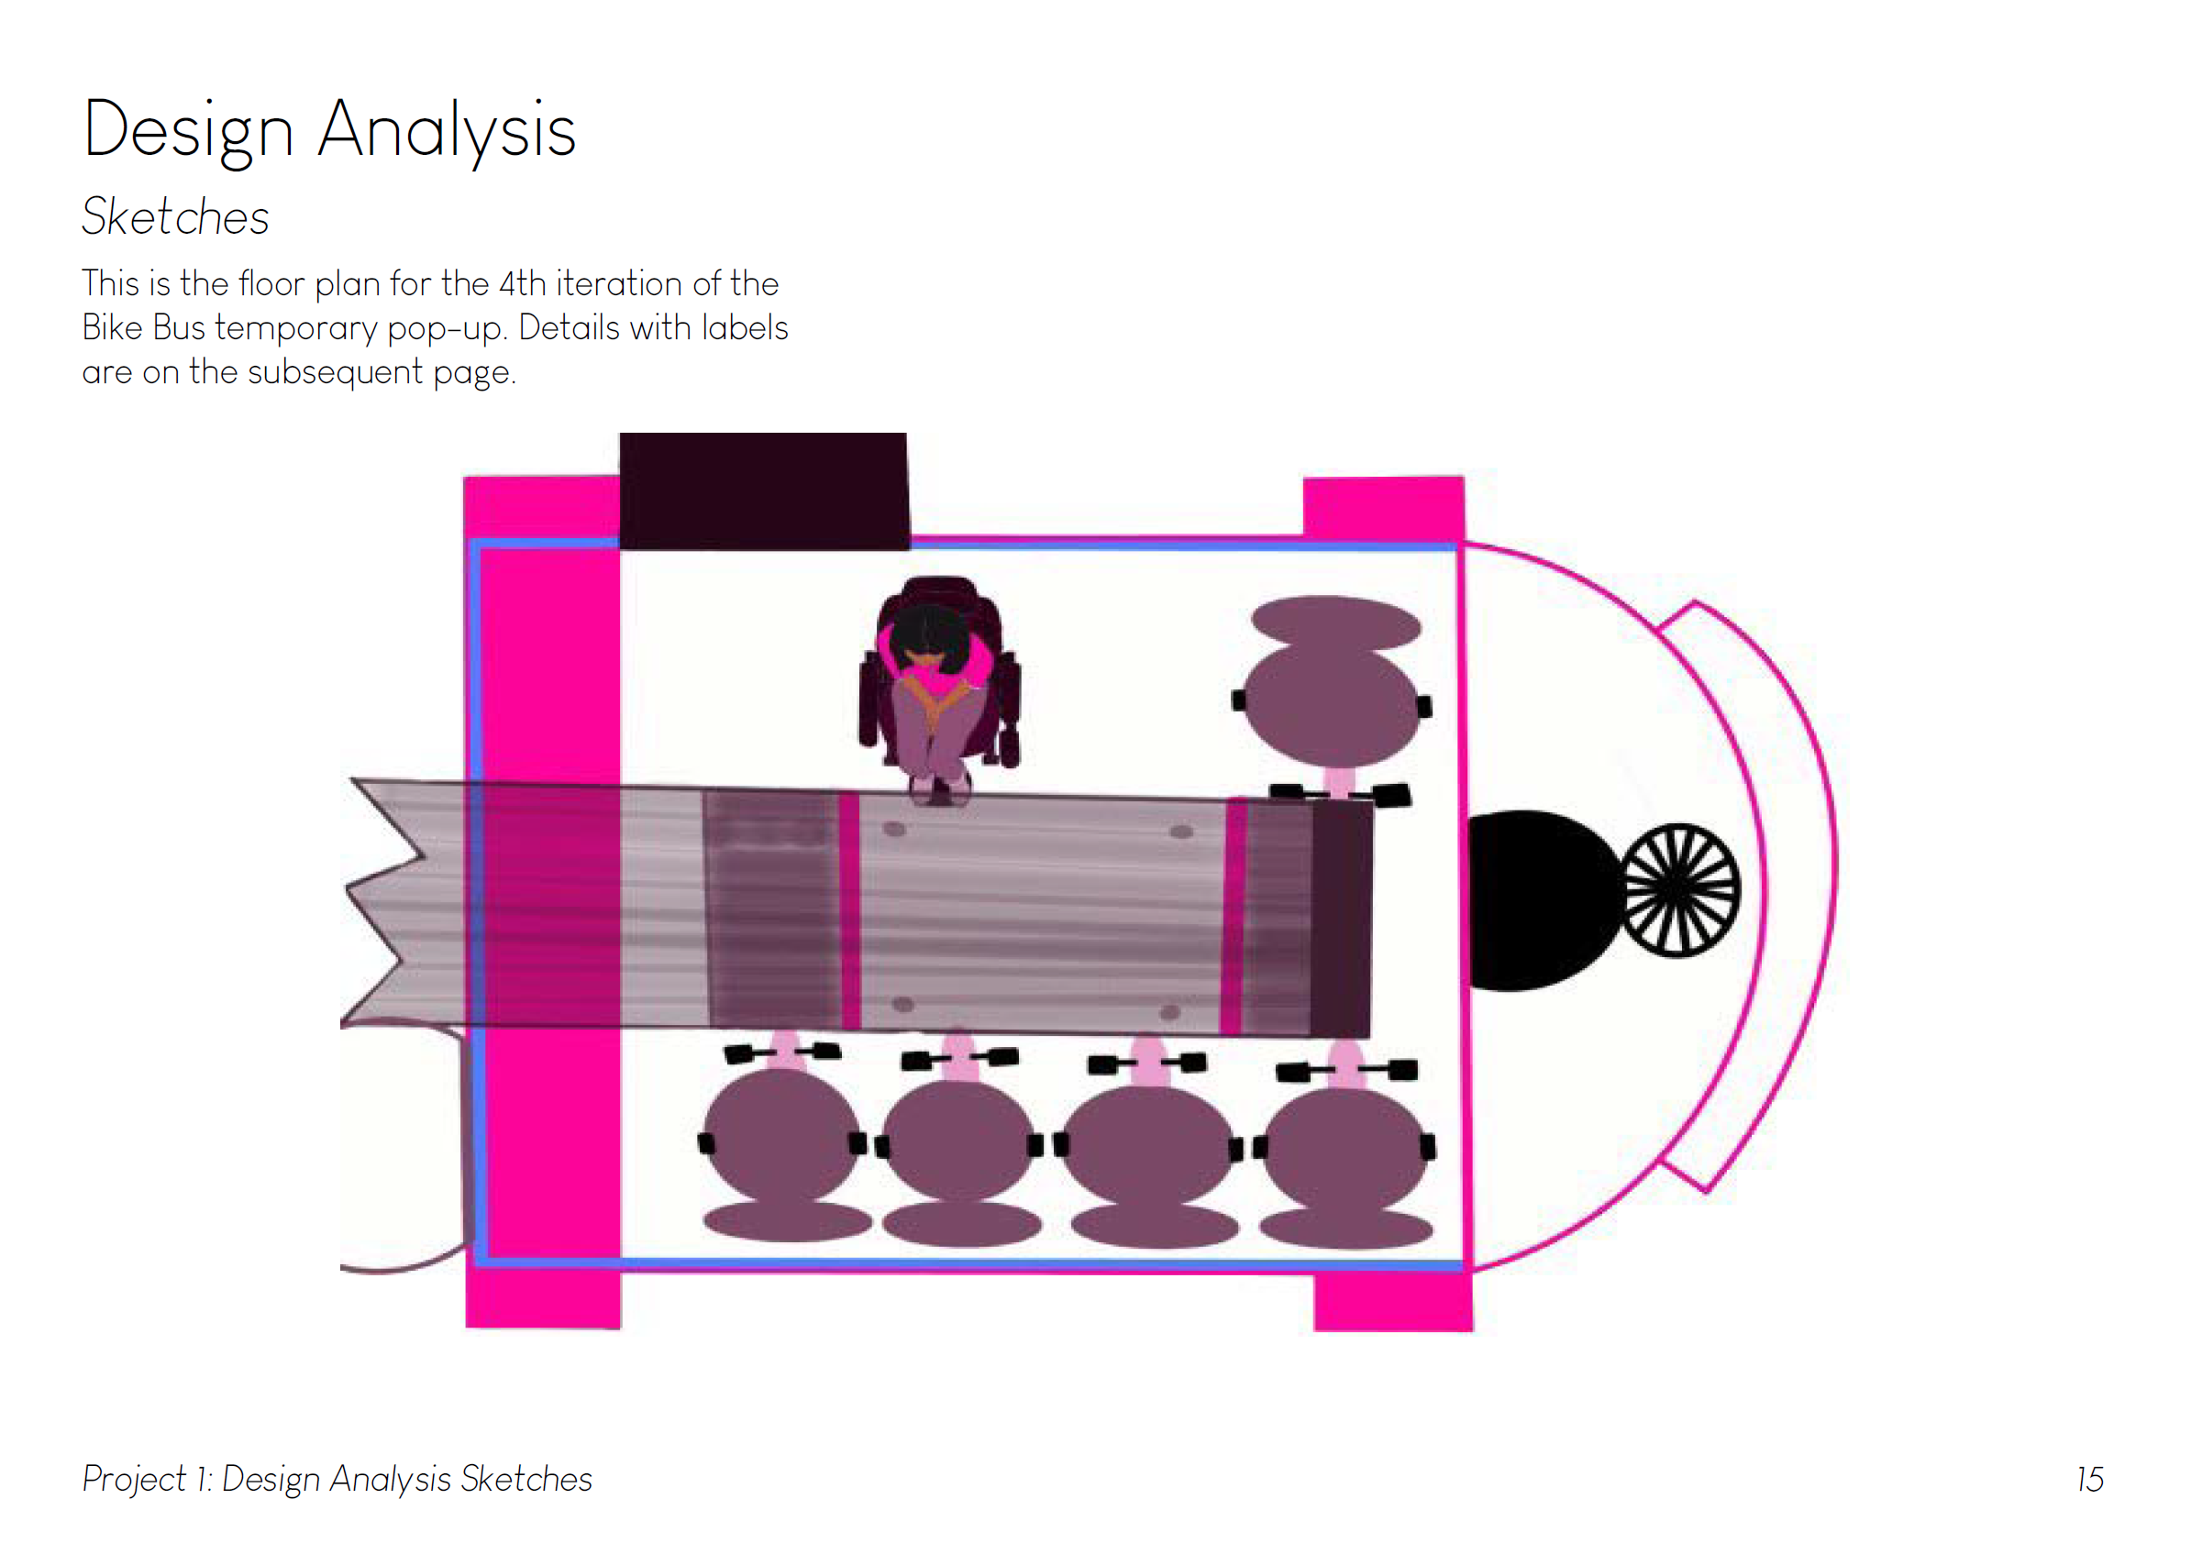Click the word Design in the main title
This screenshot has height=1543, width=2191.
click(188, 131)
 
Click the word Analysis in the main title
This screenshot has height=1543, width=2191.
click(447, 131)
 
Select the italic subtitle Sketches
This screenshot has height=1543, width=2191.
click(175, 216)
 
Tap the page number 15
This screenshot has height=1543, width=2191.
click(2089, 1479)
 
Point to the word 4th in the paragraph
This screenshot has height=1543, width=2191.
click(522, 284)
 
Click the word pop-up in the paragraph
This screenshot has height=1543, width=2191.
click(447, 329)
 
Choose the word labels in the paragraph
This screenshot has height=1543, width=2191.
click(745, 328)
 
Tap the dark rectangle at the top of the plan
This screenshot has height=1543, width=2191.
click(763, 490)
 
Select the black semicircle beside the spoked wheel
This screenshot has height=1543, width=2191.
click(1536, 899)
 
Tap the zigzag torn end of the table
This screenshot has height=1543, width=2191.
click(386, 902)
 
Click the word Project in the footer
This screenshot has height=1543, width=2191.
click(135, 1479)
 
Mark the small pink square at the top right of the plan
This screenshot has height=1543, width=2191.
click(1383, 508)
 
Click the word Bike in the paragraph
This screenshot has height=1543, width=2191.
click(113, 328)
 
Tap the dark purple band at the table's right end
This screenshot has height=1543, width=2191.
click(1342, 918)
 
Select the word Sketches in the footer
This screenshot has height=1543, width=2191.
click(526, 1479)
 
